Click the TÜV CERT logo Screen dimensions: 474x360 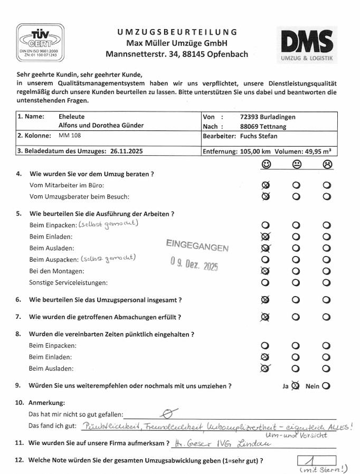(x=39, y=41)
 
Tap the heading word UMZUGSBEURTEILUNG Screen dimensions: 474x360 (x=177, y=32)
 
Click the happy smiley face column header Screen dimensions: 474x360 (x=266, y=164)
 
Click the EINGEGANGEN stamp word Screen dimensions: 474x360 (x=197, y=245)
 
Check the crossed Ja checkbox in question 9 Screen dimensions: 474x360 (x=295, y=386)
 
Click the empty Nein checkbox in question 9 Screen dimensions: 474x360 (x=326, y=386)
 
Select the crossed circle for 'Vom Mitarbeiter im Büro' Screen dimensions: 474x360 (x=266, y=185)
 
